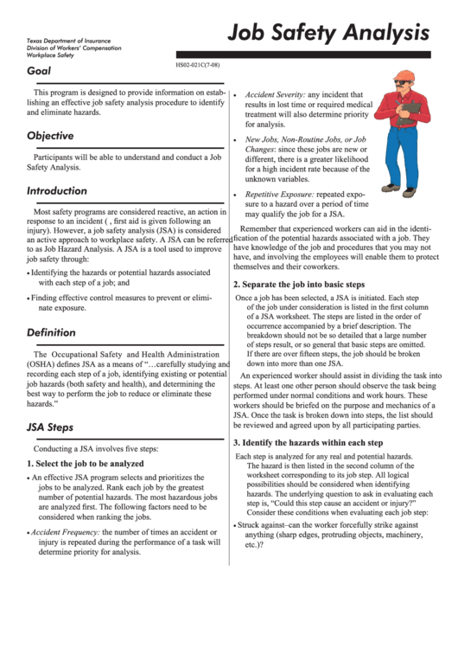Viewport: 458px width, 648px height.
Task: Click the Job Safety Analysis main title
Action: (x=328, y=33)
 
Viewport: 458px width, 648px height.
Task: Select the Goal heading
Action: (x=39, y=70)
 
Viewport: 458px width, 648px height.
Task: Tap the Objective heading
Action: (x=50, y=136)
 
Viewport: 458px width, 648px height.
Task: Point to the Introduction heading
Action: (x=57, y=190)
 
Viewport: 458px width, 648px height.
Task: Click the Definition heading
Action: (x=51, y=332)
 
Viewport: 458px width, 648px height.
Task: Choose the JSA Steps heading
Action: (x=50, y=427)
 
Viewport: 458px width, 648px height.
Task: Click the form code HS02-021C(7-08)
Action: (x=198, y=66)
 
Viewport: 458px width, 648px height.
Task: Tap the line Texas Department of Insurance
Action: (x=62, y=41)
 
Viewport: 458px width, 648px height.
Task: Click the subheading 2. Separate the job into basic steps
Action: (x=299, y=284)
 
